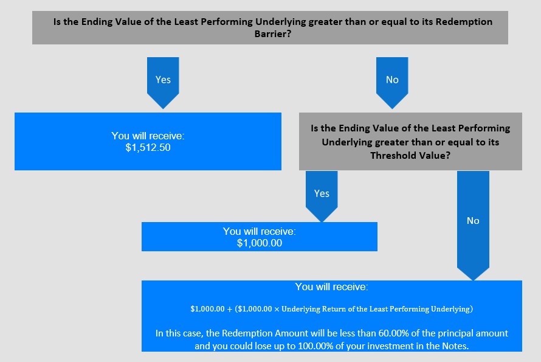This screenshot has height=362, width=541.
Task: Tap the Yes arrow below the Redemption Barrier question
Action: (x=163, y=83)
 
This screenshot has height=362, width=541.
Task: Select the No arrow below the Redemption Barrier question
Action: (x=392, y=83)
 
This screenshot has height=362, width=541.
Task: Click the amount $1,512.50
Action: (x=148, y=147)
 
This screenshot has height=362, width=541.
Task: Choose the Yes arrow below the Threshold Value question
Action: (x=322, y=196)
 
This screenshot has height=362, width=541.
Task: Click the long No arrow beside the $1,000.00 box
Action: (x=473, y=226)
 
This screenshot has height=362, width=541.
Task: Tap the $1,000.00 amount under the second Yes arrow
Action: (x=260, y=243)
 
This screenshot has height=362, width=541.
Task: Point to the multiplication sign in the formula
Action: (x=277, y=309)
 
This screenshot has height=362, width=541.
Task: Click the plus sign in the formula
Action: (x=229, y=309)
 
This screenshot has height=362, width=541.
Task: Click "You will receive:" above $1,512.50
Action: (x=148, y=136)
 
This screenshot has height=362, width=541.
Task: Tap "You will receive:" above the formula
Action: (x=331, y=287)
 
